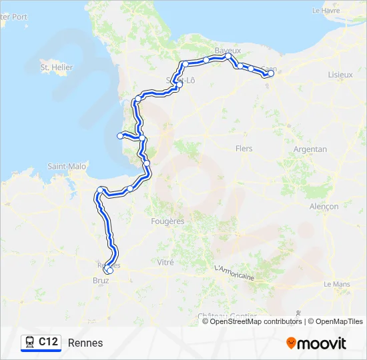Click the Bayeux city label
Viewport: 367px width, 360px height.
point(228,51)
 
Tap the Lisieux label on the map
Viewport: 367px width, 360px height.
point(340,75)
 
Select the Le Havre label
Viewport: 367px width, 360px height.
point(326,11)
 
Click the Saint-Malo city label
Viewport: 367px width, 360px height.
point(67,166)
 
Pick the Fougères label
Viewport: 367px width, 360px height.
point(168,221)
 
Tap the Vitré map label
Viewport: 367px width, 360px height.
point(165,263)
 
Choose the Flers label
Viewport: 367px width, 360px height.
point(244,149)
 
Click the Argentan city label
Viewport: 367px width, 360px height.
point(310,149)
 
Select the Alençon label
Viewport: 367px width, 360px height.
point(324,207)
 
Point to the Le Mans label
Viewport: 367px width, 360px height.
point(337,284)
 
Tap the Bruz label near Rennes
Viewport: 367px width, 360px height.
point(101,281)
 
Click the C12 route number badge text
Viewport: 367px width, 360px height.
point(48,342)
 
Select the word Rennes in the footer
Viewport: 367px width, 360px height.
point(85,343)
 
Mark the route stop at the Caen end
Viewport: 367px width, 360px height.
point(271,74)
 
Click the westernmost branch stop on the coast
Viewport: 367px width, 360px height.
point(120,136)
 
